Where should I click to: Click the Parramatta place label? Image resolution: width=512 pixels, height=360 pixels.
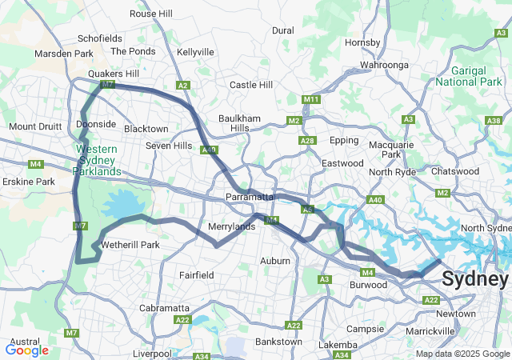(250, 197)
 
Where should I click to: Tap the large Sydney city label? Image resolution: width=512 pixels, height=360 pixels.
(474, 280)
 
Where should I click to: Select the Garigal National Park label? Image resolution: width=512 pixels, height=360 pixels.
(474, 76)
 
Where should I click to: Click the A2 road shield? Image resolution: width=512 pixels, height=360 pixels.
(182, 86)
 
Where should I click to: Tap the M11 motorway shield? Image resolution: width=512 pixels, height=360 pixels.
(311, 99)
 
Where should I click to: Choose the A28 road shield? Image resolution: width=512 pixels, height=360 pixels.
(306, 141)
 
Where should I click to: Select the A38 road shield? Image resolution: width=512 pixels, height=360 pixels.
(494, 121)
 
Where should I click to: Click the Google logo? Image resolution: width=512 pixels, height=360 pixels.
(26, 350)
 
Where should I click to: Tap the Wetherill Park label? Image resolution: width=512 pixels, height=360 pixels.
(130, 244)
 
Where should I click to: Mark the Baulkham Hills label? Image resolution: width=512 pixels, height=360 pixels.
(240, 123)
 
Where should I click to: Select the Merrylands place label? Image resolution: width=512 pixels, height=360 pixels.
(231, 226)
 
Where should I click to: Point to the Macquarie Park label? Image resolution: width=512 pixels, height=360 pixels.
(391, 150)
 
